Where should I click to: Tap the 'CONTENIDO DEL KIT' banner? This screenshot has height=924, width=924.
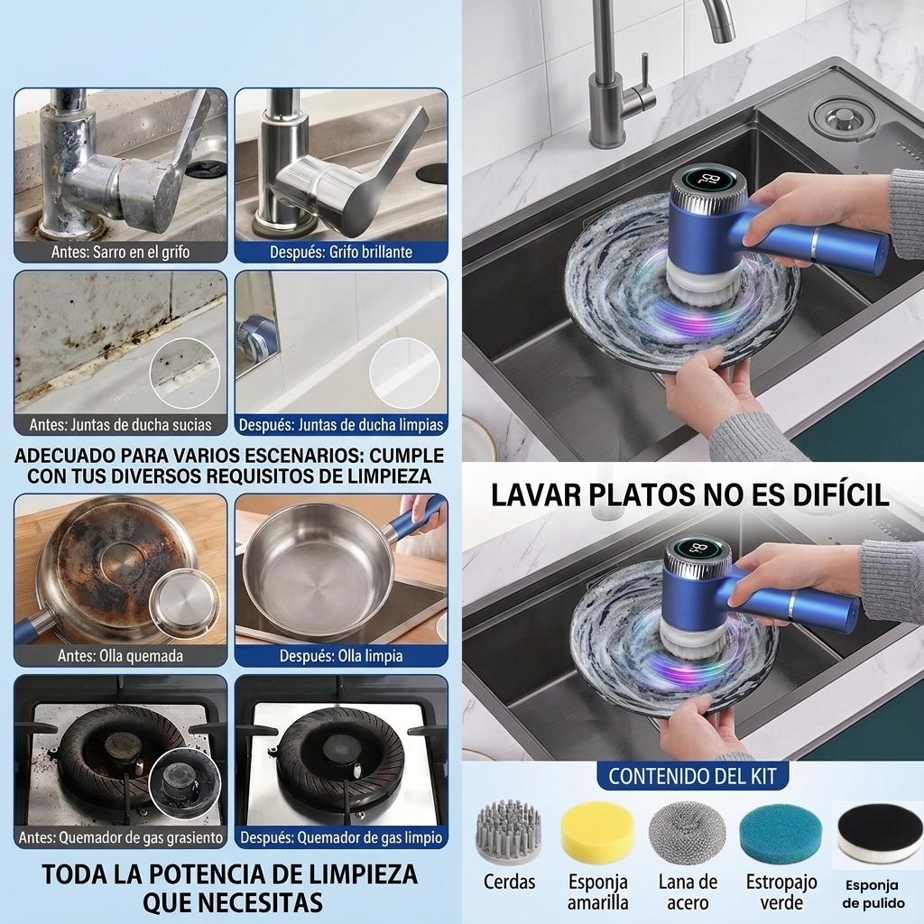pyautogui.click(x=692, y=776)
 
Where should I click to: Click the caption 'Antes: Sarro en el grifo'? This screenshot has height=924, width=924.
pyautogui.click(x=120, y=253)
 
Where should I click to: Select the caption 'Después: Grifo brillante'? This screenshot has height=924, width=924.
pyautogui.click(x=340, y=253)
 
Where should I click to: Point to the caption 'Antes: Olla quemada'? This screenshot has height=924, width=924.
pyautogui.click(x=120, y=656)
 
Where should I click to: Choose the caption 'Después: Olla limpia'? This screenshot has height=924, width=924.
pyautogui.click(x=340, y=656)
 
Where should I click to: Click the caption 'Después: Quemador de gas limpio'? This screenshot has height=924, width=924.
pyautogui.click(x=340, y=837)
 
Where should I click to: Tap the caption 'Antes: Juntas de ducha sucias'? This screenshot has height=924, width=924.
pyautogui.click(x=120, y=425)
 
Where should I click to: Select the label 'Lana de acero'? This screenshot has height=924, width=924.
pyautogui.click(x=688, y=892)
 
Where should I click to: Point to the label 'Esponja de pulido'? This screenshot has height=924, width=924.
pyautogui.click(x=873, y=894)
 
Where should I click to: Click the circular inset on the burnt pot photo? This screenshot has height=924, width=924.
pyautogui.click(x=184, y=604)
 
